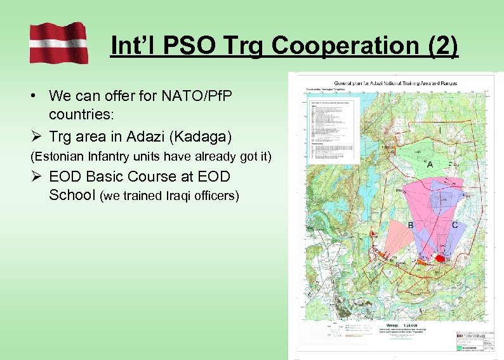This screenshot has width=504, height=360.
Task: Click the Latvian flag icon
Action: coord(58,42)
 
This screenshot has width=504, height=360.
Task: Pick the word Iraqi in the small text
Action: coord(178,196)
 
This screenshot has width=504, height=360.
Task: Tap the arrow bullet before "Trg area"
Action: coord(36,135)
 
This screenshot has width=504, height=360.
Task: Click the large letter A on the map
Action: coord(430,164)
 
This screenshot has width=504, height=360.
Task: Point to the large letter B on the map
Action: coord(410,225)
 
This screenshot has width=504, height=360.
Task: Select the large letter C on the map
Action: coord(454,225)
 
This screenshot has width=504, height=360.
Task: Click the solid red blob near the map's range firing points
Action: coord(440,258)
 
